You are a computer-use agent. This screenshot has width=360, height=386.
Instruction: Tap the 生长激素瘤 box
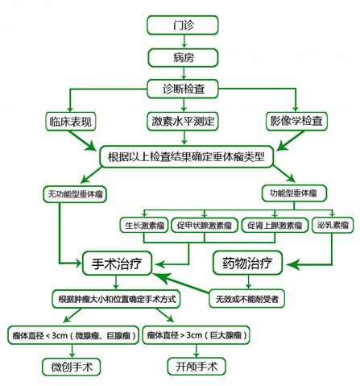[145, 225]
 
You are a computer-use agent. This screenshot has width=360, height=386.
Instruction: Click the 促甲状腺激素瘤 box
[205, 225]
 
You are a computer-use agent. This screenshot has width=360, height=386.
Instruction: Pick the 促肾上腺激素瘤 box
[271, 225]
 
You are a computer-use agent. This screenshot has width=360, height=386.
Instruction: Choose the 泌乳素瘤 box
[327, 225]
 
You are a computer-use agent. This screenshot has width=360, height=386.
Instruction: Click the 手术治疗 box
[118, 262]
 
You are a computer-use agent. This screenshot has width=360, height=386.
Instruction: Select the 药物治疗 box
[248, 262]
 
